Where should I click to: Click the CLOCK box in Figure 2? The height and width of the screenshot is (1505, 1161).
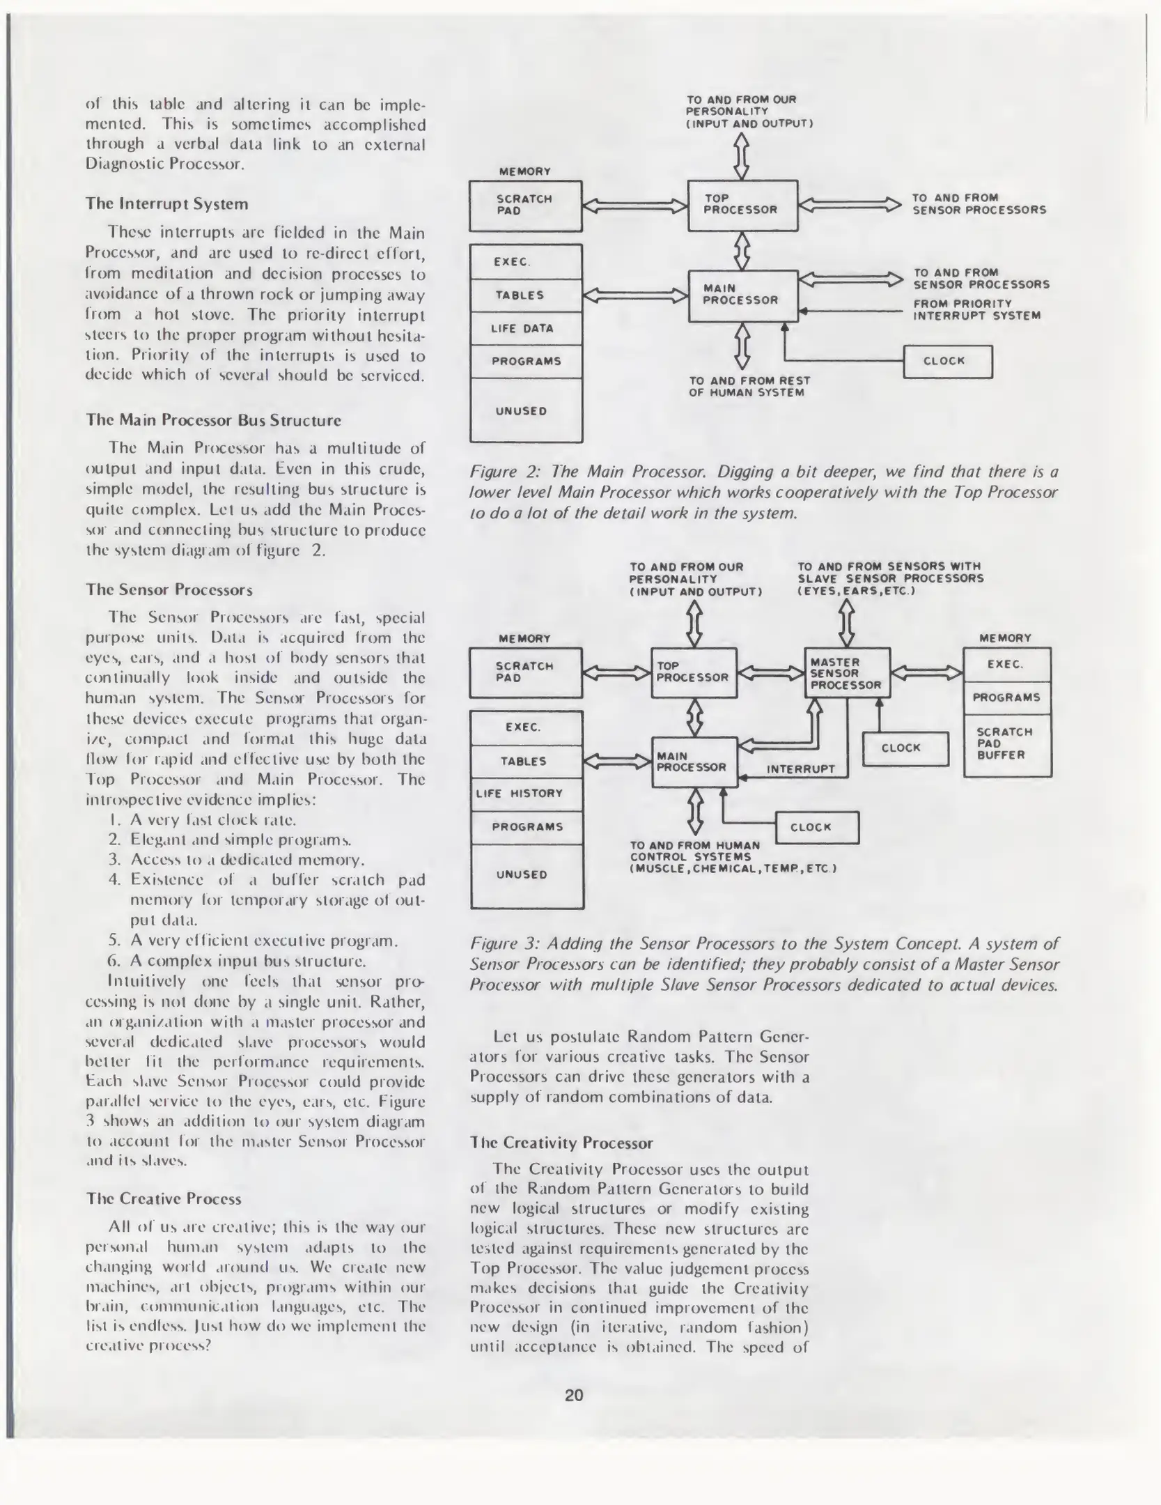[947, 361]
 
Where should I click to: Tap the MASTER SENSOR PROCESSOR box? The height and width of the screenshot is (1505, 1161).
[847, 673]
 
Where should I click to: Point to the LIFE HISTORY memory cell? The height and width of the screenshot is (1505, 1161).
[527, 794]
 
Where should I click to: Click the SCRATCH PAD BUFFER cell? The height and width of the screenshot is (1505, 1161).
[1006, 743]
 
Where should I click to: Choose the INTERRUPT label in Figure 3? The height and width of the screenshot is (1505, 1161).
[800, 769]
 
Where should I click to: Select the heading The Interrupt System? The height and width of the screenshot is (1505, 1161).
[166, 204]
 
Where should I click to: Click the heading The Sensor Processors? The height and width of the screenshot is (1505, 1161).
[169, 589]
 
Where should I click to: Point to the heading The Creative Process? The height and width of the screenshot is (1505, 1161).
[164, 1198]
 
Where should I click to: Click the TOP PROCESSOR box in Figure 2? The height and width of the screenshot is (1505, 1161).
[742, 205]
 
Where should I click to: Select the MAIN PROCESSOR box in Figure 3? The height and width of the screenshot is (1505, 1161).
[694, 762]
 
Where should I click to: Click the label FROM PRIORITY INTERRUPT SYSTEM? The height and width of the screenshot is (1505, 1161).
[976, 309]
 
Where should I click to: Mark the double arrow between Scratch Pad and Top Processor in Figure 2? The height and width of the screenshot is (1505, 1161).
[634, 206]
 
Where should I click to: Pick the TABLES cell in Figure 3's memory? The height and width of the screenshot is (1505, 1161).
[527, 761]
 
